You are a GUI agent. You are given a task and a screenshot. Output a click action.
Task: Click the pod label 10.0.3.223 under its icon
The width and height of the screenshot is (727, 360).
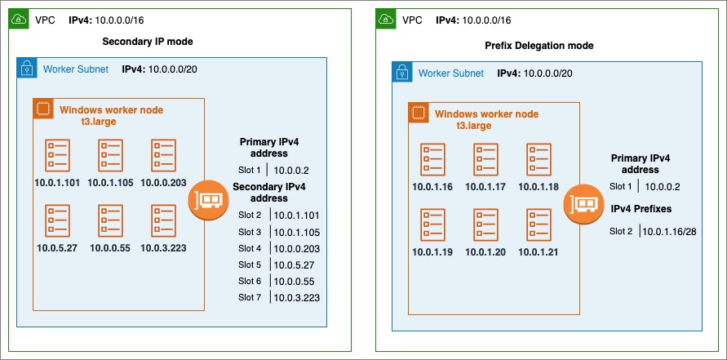[x=163, y=247]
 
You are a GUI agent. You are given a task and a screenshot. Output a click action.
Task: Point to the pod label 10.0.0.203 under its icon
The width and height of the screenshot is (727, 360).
[x=163, y=182]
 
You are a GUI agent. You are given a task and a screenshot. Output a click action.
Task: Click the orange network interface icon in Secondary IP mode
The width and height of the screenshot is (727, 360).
[x=207, y=200]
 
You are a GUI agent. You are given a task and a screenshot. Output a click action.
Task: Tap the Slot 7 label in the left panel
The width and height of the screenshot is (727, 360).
[x=250, y=297]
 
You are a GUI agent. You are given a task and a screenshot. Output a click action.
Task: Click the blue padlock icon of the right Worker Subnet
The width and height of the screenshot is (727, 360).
[x=402, y=73]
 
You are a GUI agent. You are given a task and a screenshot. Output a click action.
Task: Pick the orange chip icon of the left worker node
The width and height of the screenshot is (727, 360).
[x=42, y=109]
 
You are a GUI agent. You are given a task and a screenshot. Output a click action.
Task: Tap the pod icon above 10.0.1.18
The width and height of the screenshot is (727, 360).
[x=539, y=160]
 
